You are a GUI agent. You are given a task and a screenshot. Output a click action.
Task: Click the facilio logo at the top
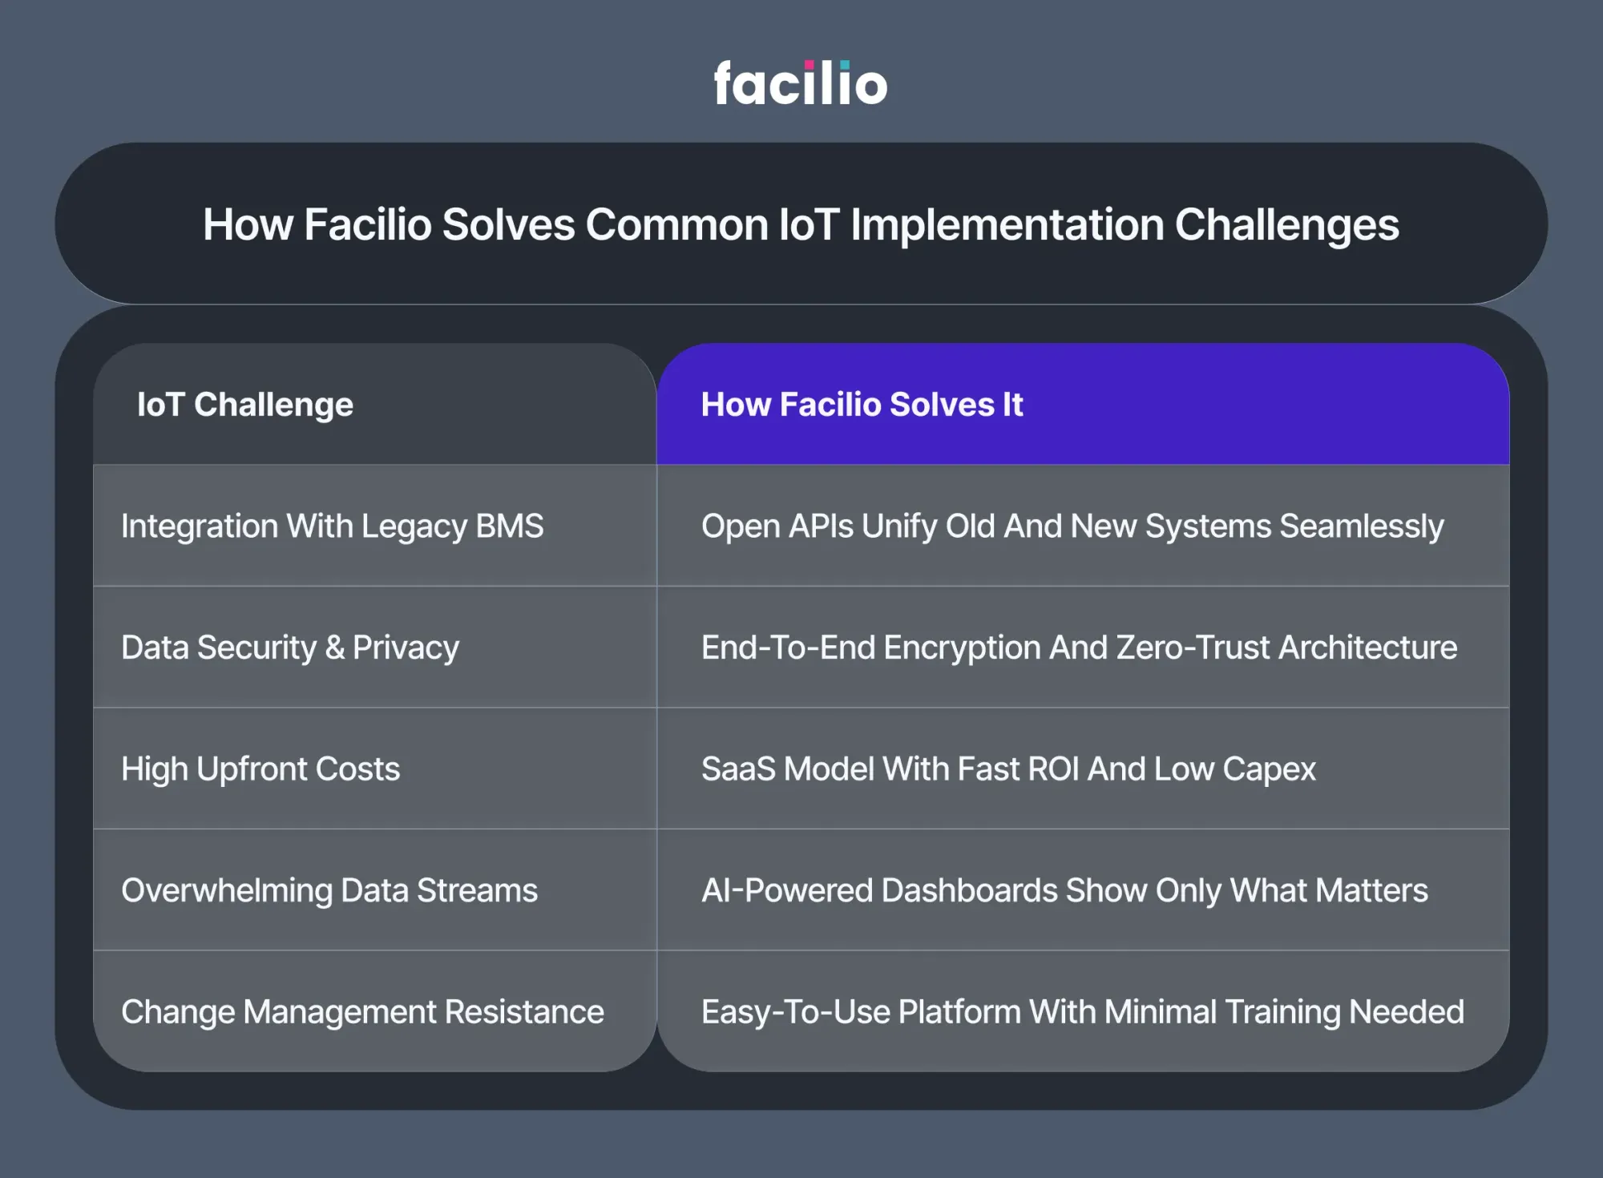tap(801, 83)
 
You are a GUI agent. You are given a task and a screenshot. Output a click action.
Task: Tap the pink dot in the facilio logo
tap(809, 65)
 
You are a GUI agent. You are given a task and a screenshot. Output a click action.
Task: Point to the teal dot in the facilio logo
tap(845, 65)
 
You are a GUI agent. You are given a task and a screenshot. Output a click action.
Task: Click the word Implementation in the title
tap(1007, 225)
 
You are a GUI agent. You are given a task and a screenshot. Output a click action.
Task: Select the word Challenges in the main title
tap(1287, 225)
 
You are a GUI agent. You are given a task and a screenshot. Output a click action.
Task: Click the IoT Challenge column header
tap(245, 405)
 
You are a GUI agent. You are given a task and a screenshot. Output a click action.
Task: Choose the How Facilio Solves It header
tap(862, 405)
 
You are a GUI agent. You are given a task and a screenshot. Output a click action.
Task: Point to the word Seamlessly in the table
tap(1362, 526)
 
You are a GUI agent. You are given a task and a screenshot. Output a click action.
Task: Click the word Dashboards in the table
tap(970, 891)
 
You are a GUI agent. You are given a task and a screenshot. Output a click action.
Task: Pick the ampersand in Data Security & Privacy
tap(335, 647)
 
